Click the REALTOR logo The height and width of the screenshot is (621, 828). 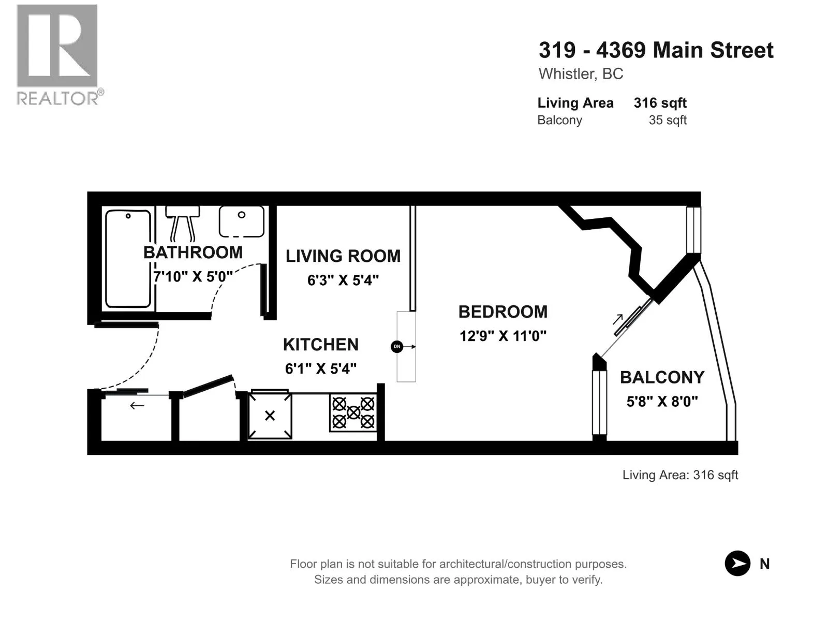(60, 55)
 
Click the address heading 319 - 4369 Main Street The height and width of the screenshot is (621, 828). (656, 50)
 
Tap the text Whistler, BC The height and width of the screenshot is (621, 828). (581, 74)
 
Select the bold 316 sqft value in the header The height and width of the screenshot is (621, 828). (660, 103)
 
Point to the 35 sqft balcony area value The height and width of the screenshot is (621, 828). (667, 120)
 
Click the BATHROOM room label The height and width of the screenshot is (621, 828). (193, 252)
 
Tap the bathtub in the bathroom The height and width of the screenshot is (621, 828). (128, 259)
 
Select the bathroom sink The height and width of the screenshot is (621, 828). (242, 221)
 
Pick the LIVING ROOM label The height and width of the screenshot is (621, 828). (343, 256)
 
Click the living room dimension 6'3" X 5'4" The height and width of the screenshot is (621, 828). (343, 280)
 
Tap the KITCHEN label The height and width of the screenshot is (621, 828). (321, 344)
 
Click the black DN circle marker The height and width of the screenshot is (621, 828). (397, 347)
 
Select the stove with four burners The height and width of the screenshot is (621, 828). (353, 413)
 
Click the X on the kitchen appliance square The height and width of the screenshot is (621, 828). (270, 416)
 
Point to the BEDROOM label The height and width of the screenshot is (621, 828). (503, 312)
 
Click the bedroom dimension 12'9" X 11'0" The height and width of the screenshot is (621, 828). (503, 335)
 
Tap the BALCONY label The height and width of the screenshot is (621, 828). (662, 377)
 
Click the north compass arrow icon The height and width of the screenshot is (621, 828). (737, 564)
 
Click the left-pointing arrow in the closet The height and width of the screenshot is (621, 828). (137, 406)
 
